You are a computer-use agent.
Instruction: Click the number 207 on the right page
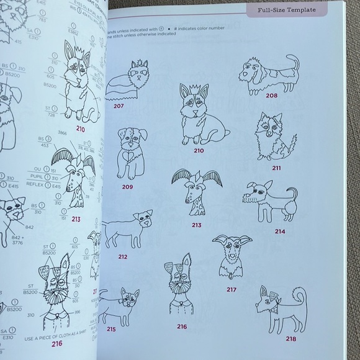pyautogui.click(x=119, y=107)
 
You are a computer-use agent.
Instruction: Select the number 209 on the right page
pyautogui.click(x=128, y=187)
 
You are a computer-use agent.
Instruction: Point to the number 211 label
pyautogui.click(x=276, y=168)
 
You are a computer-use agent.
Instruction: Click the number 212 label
pyautogui.click(x=123, y=256)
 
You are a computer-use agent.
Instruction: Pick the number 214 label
pyautogui.click(x=280, y=232)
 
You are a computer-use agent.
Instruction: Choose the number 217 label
pyautogui.click(x=232, y=289)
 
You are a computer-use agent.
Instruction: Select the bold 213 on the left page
pyautogui.click(x=76, y=218)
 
